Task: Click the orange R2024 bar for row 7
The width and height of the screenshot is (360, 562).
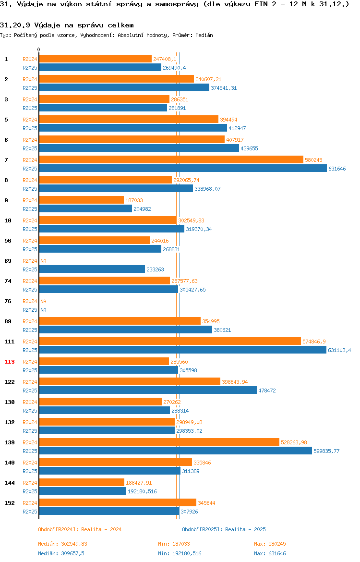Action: pyautogui.click(x=171, y=160)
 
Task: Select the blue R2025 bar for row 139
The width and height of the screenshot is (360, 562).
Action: pyautogui.click(x=176, y=451)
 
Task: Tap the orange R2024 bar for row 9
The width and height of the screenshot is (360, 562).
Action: pyautogui.click(x=81, y=200)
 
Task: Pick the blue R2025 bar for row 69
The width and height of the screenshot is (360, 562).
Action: pyautogui.click(x=92, y=269)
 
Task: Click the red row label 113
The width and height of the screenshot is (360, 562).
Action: pyautogui.click(x=9, y=362)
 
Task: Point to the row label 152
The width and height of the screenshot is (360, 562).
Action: pyautogui.click(x=9, y=503)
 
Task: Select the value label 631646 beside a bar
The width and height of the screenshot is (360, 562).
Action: pyautogui.click(x=337, y=169)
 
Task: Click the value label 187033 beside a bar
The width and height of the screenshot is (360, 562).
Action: pyautogui.click(x=134, y=200)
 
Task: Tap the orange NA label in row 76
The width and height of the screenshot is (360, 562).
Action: pyautogui.click(x=43, y=301)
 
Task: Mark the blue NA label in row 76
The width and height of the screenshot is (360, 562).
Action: pyautogui.click(x=43, y=310)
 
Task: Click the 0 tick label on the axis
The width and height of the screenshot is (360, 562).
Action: pyautogui.click(x=39, y=49)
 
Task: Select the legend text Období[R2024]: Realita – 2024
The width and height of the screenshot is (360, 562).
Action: pyautogui.click(x=80, y=529)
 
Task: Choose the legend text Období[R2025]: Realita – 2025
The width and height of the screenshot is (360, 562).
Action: pyautogui.click(x=224, y=529)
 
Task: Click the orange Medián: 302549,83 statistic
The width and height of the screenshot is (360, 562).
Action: pyautogui.click(x=63, y=544)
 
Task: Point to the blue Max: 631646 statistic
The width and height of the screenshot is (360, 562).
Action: pyautogui.click(x=270, y=553)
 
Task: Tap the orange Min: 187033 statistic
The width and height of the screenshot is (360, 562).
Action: pyautogui.click(x=174, y=544)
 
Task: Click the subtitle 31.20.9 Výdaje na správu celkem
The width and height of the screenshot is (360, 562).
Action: pyautogui.click(x=67, y=25)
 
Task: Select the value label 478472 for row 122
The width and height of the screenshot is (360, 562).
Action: pyautogui.click(x=267, y=391)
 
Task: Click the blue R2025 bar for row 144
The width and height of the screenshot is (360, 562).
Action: pyautogui.click(x=83, y=491)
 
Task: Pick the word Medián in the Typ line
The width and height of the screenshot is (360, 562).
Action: pyautogui.click(x=204, y=35)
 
